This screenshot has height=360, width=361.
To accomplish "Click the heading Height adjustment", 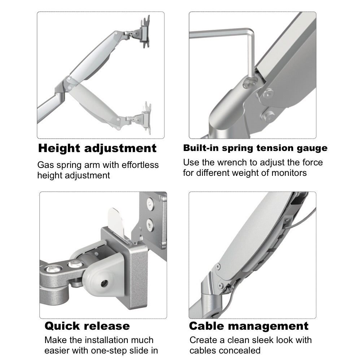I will pyautogui.click(x=97, y=148).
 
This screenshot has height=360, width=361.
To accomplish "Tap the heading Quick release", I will pyautogui.click(x=87, y=326).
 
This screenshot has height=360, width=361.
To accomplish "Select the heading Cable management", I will pyautogui.click(x=249, y=326).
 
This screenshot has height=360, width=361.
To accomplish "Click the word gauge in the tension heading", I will pyautogui.click(x=310, y=148).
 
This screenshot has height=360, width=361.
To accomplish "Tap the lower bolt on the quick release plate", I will pyautogui.click(x=149, y=226).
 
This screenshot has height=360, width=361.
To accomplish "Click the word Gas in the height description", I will pyautogui.click(x=45, y=165).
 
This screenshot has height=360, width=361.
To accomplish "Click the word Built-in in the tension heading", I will pyautogui.click(x=201, y=148).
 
